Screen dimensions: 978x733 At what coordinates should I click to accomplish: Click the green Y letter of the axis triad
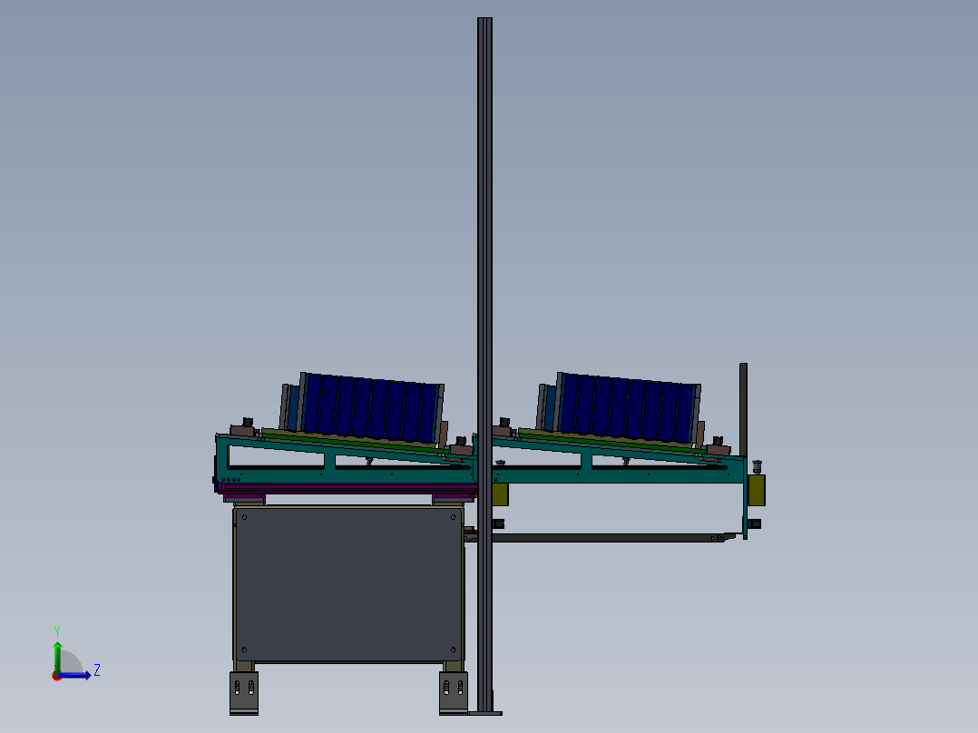coord(57,631)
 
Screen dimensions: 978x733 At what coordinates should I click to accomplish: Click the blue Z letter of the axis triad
coord(97,670)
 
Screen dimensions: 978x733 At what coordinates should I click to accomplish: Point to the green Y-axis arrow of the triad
coord(57,658)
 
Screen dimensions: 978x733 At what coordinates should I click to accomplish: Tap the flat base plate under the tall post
coord(485,713)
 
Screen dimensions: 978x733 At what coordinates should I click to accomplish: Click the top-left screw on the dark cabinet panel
coord(245,517)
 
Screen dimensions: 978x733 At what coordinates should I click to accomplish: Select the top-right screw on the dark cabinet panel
coord(454,517)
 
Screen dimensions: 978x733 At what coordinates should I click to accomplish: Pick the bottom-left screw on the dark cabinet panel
coord(245,650)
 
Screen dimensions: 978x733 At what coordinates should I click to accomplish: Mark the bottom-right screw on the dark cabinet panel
coord(454,650)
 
